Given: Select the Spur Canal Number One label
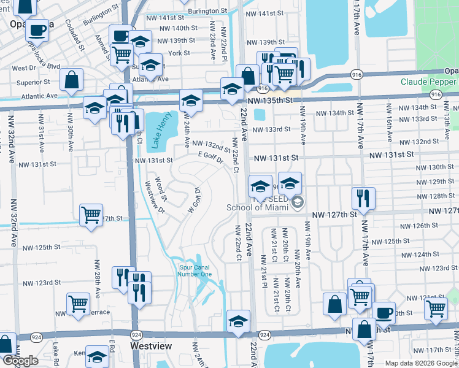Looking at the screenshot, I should (195, 270).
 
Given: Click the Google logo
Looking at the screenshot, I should (20, 361).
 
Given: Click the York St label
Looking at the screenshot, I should (179, 53).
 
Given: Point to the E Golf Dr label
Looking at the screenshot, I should (209, 157).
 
